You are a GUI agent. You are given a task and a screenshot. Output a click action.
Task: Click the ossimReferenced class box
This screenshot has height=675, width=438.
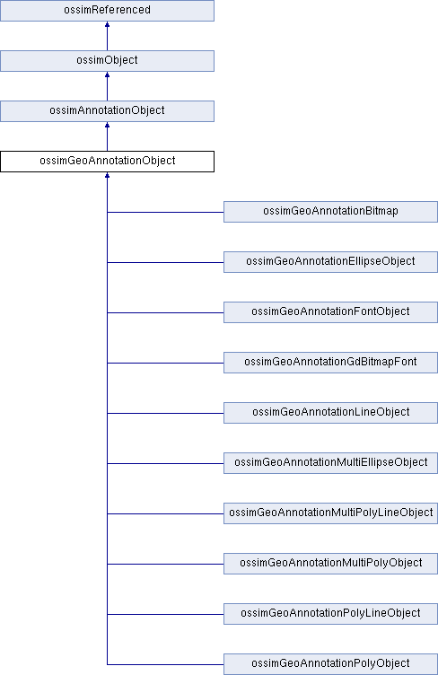tap(107, 11)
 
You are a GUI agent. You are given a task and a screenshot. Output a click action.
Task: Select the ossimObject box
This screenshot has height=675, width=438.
tap(107, 61)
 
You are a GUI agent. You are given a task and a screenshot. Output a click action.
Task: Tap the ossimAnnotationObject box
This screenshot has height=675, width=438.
tap(107, 111)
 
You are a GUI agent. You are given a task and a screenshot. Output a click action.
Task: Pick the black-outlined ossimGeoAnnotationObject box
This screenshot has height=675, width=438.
tap(107, 162)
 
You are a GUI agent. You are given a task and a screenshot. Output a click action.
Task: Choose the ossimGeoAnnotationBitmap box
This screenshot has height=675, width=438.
tap(330, 212)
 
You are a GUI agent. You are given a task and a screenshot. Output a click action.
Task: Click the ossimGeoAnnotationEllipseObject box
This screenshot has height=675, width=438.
tap(330, 262)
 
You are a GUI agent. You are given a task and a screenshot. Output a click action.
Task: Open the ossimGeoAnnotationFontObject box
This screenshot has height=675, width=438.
tap(330, 312)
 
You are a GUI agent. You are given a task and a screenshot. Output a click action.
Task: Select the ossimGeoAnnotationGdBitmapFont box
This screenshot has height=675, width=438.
tap(330, 363)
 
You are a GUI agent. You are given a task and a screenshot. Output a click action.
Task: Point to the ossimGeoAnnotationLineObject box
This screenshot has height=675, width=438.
tap(330, 413)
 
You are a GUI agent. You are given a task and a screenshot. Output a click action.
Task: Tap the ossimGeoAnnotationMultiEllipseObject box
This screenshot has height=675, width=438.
tap(330, 463)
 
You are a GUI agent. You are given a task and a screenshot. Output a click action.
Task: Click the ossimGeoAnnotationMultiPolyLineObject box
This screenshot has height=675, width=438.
tap(330, 513)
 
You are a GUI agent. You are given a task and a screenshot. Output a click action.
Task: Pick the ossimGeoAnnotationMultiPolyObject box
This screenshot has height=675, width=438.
tap(330, 564)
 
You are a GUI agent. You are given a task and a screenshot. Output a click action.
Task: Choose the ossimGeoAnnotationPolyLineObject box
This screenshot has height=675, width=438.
tap(330, 614)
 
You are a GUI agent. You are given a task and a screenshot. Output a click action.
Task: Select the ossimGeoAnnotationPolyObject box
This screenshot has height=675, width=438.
tap(330, 664)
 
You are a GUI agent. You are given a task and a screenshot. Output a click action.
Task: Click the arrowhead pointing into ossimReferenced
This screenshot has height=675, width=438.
tap(107, 24)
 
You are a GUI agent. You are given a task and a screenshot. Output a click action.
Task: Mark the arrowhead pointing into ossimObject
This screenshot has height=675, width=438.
tap(107, 75)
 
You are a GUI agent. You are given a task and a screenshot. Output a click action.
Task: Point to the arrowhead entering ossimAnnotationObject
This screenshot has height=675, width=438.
tap(107, 126)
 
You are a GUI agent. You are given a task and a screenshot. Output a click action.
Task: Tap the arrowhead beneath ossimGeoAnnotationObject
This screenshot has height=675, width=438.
tap(107, 176)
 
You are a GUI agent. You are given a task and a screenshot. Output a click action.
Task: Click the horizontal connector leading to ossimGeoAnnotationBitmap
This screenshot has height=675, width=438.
tap(165, 212)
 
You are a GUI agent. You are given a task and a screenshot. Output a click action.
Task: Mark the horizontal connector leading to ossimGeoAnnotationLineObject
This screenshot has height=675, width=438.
tap(165, 413)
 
